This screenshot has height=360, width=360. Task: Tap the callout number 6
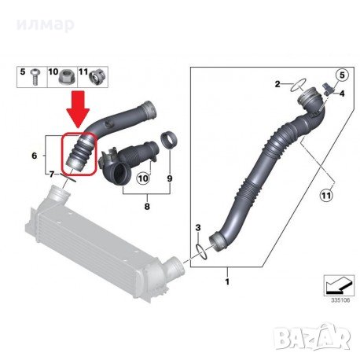tap(34, 156)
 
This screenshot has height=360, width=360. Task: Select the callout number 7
tap(53, 172)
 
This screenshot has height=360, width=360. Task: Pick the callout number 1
tap(228, 280)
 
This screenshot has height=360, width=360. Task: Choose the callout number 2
tap(277, 83)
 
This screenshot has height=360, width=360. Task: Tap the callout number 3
tap(198, 228)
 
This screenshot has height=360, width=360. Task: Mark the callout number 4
tap(342, 93)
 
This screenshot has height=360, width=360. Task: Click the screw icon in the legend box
tap(37, 76)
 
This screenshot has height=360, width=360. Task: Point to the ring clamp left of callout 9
tap(167, 143)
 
